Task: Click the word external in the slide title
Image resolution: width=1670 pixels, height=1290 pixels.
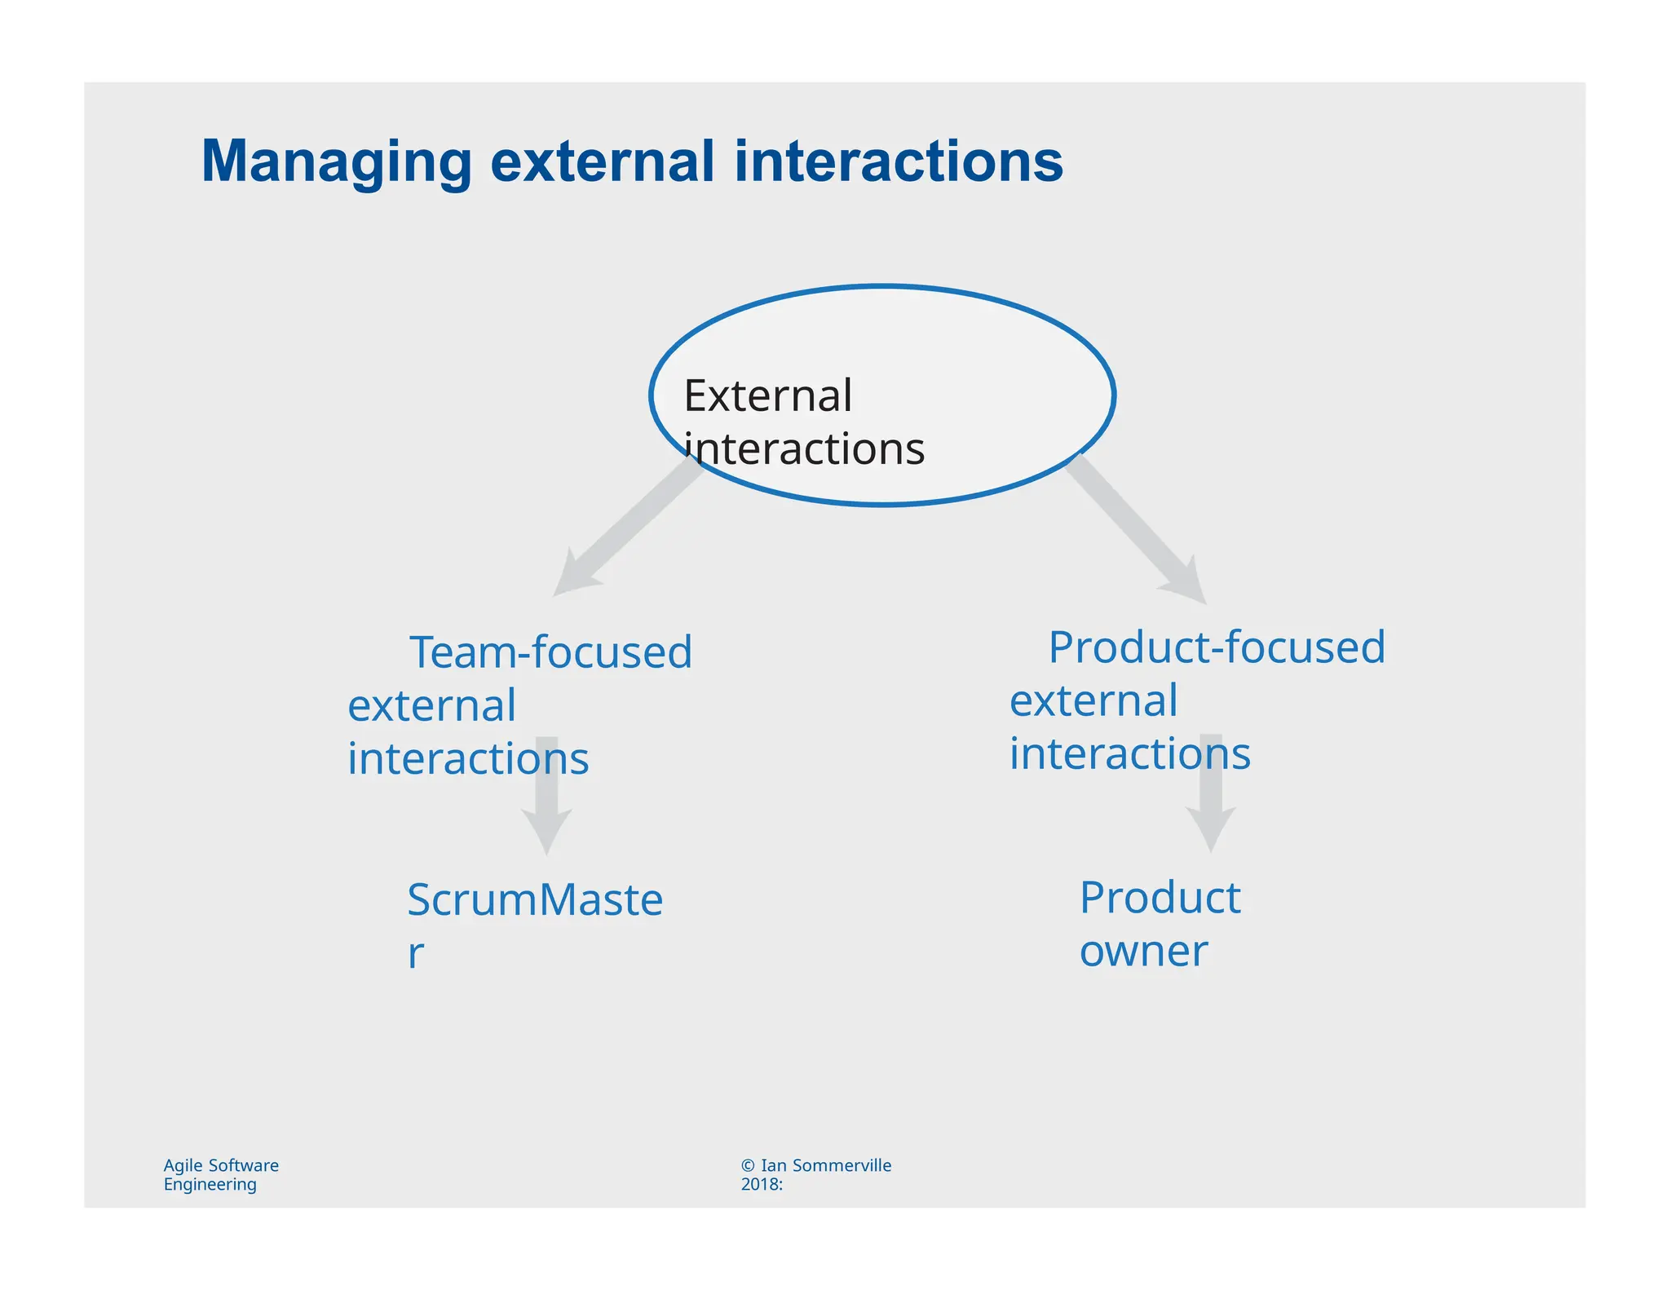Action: click(602, 161)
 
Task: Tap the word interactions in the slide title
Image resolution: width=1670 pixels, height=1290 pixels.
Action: click(899, 161)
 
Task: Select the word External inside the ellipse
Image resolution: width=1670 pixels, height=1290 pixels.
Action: click(767, 396)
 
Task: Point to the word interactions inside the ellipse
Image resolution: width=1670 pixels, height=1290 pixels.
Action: click(804, 449)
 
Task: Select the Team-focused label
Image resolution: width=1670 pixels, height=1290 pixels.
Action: click(550, 652)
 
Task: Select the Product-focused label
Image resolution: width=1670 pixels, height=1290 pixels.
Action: click(1216, 647)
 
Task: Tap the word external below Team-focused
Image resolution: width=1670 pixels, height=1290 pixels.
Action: click(431, 705)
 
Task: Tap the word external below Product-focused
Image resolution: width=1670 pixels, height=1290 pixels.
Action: click(1093, 700)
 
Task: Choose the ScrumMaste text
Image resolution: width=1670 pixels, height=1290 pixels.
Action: click(535, 900)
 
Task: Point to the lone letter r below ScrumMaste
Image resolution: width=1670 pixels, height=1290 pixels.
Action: click(415, 953)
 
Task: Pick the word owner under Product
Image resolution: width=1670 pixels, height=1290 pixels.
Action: click(1143, 951)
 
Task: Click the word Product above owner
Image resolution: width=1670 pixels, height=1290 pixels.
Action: click(1160, 898)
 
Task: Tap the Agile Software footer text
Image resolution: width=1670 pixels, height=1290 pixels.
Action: click(221, 1165)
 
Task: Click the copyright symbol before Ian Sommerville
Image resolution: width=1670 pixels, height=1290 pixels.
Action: click(748, 1165)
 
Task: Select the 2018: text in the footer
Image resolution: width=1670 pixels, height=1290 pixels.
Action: click(762, 1184)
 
